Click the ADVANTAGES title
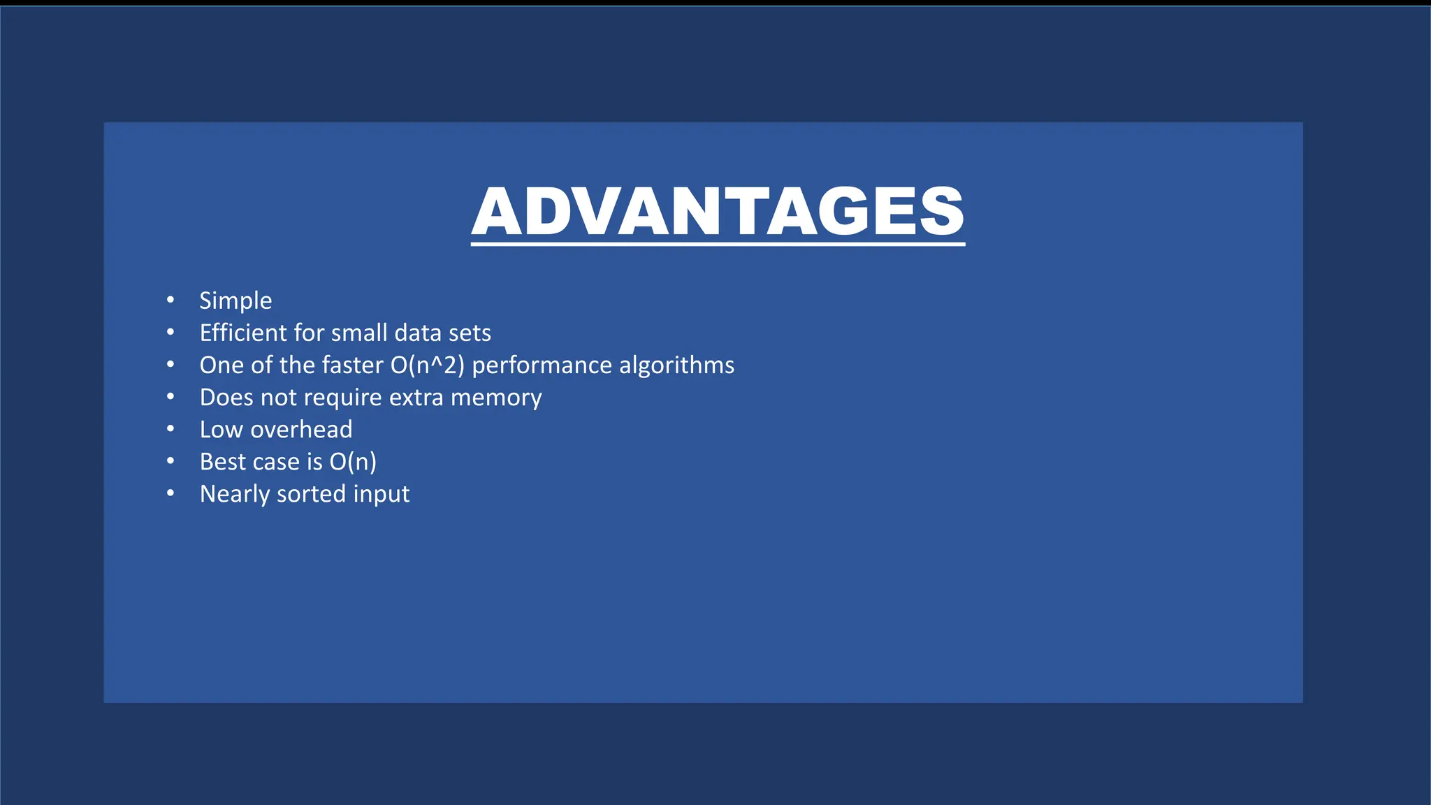[x=718, y=212]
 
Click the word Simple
[x=235, y=301]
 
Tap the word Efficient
[x=243, y=333]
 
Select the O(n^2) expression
[x=428, y=365]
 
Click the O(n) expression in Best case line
[x=353, y=462]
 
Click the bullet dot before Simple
[x=170, y=300]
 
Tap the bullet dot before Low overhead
[x=170, y=429]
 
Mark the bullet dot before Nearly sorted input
[x=170, y=493]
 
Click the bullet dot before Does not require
[x=170, y=397]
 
